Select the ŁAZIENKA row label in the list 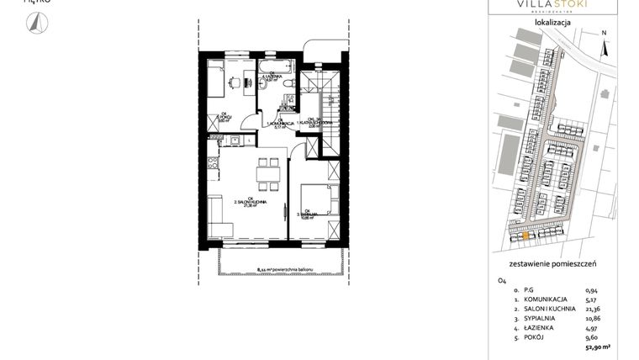coord(535,327)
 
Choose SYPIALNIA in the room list coord(536,318)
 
